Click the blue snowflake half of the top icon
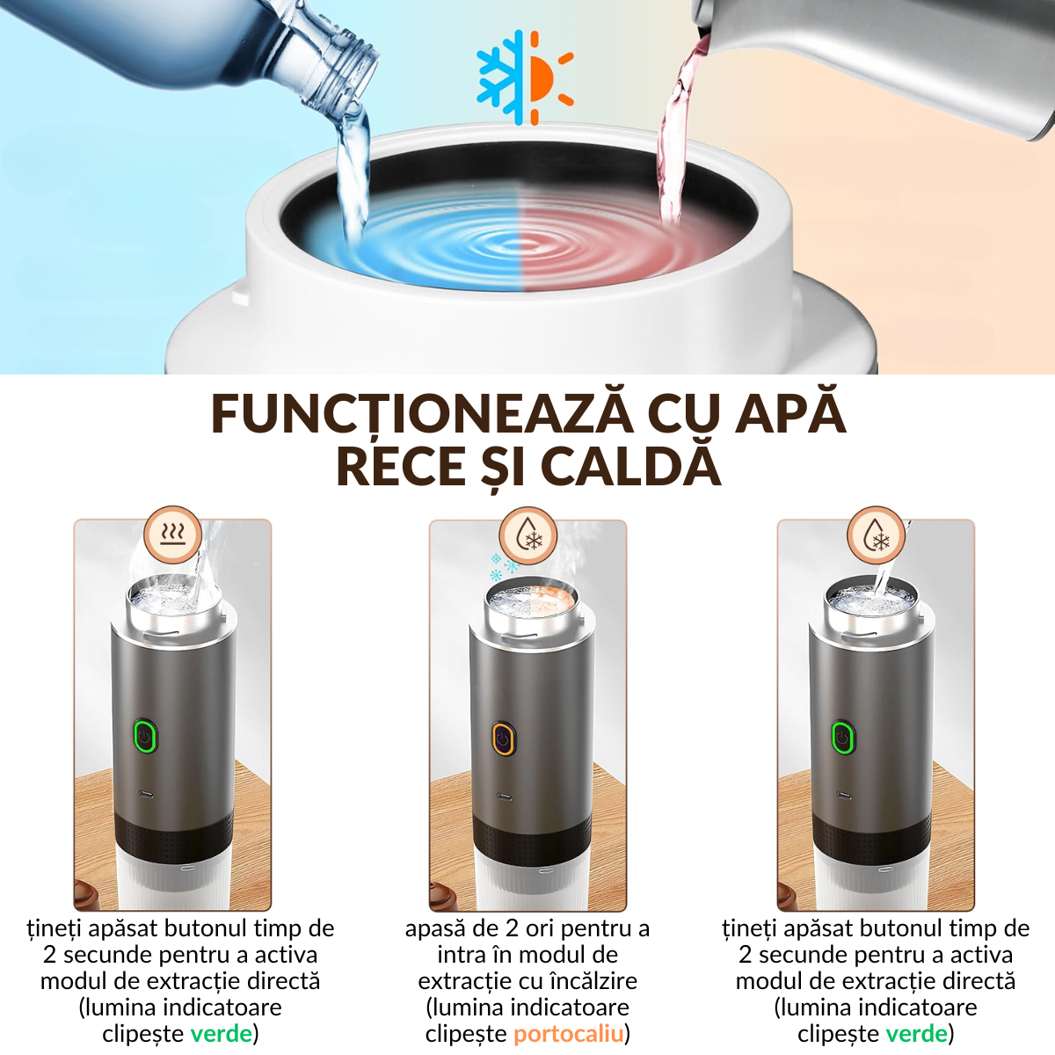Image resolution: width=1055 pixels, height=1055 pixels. click(x=501, y=77)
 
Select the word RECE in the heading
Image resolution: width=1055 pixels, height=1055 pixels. click(x=401, y=466)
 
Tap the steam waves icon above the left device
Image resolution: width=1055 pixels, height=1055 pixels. click(x=173, y=535)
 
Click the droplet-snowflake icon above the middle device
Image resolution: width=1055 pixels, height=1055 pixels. click(x=527, y=535)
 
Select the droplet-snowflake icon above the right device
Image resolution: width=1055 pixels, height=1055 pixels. click(x=876, y=535)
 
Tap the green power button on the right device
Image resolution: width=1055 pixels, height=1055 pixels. click(x=842, y=736)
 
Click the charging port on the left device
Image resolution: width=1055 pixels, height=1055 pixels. click(x=146, y=795)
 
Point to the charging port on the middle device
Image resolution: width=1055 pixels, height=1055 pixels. click(x=505, y=797)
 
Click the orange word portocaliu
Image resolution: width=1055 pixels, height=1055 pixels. click(x=568, y=1034)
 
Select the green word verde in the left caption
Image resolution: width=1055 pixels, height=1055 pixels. click(x=221, y=1034)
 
